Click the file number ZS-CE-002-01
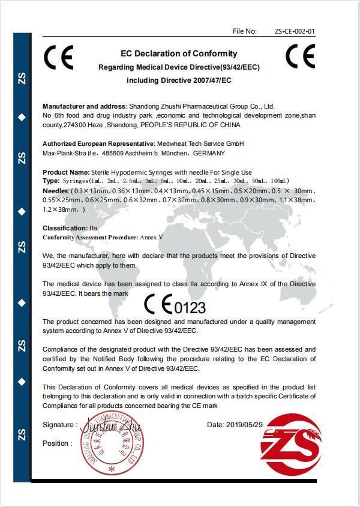(295, 31)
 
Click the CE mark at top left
(59, 58)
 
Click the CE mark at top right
(300, 56)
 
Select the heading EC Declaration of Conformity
(179, 53)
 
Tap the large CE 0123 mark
(175, 306)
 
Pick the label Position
(57, 443)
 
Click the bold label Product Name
(65, 172)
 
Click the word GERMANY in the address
(209, 153)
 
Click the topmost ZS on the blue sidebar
(22, 79)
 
